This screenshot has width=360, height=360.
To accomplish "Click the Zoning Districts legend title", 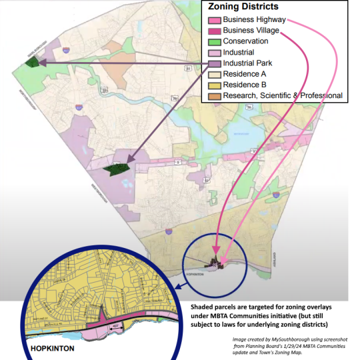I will click(245, 7).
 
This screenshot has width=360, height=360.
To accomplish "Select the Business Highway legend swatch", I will click(213, 19).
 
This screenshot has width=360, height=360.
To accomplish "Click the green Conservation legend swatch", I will click(213, 41).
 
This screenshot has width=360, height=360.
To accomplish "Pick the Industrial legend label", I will click(238, 52).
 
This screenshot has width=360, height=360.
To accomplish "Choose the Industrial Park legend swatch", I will click(213, 63).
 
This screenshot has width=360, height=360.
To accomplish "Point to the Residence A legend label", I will click(245, 74).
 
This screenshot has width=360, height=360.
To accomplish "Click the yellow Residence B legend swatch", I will click(213, 85).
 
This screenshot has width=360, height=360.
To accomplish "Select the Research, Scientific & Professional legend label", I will click(283, 96).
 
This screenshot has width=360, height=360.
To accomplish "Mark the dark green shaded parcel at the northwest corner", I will click(31, 62).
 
